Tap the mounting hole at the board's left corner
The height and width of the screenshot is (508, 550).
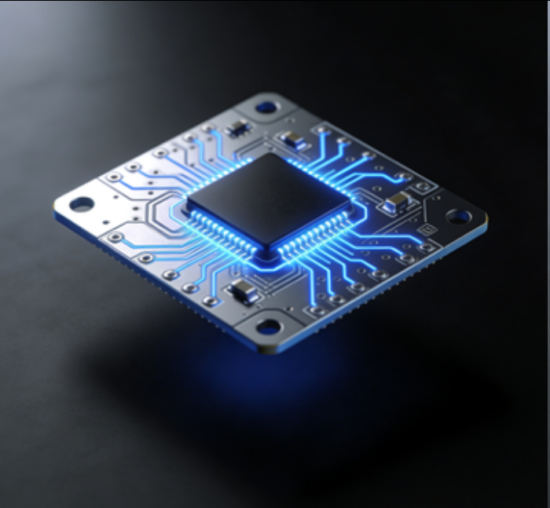tap(82, 204)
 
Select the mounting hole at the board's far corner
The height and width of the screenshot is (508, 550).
tap(266, 106)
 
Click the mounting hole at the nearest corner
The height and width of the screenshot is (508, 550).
tap(269, 327)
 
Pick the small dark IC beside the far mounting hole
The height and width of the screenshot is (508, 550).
tap(236, 128)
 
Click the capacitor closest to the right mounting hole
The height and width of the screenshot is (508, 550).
tap(398, 203)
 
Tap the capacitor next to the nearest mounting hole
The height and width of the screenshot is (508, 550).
tap(243, 293)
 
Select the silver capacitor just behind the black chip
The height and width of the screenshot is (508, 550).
tap(292, 141)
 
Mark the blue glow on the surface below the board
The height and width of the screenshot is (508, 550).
tap(259, 377)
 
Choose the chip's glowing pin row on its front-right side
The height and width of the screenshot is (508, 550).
tap(314, 236)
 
